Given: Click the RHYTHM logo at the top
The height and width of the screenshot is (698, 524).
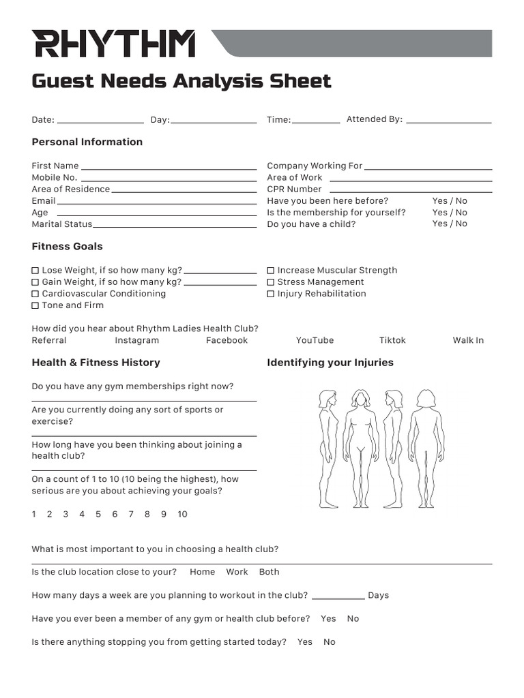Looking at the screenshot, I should pos(113,44).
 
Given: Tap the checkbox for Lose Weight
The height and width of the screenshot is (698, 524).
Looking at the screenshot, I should pos(35,271).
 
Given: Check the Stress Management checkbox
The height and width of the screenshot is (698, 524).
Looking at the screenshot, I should pos(271,282).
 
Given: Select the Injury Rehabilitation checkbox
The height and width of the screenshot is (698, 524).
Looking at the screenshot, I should pos(271,294).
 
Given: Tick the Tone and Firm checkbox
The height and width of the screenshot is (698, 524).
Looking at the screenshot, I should pos(35,305).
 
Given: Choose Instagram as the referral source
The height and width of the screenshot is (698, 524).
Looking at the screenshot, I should pos(136,340).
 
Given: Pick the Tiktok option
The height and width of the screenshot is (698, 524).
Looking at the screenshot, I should pos(392,340).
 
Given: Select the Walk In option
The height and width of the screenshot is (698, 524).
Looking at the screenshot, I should pos(468,340).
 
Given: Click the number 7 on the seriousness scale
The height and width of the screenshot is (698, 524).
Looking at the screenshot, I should pos(131,514).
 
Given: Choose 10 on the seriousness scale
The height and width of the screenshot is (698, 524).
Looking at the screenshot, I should pos(182,514).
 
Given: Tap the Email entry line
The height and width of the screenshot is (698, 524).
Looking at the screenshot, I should pos(157,202).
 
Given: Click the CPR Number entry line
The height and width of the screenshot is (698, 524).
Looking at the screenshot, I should pos(408,191).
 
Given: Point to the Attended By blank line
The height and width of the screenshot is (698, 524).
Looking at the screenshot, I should pos(448,121).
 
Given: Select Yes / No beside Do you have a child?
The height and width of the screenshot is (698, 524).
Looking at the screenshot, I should pos(450,224).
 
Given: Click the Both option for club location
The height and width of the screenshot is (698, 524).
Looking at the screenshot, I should pos(269,572).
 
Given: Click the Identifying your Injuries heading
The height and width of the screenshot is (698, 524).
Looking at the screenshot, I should pos(330,363).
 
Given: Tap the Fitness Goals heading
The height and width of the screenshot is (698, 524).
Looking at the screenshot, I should pos(68,246).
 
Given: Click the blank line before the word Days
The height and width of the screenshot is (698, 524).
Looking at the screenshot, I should pos(338,597).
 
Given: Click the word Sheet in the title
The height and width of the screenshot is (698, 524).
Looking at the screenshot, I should pos(300,81).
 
